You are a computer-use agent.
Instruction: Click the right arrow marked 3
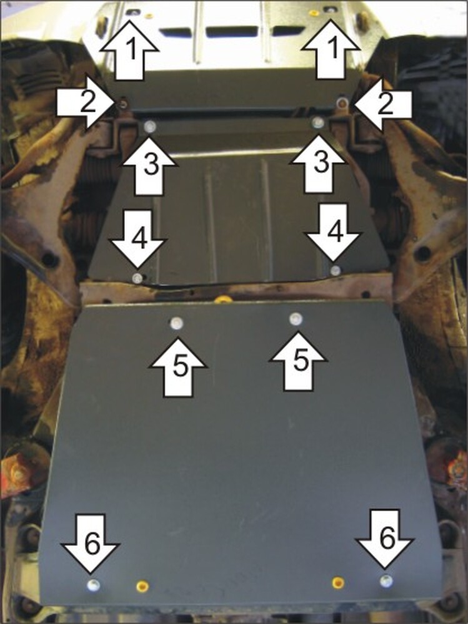click(317, 163)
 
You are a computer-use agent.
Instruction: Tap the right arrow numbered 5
click(299, 361)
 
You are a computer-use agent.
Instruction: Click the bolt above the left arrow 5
click(177, 323)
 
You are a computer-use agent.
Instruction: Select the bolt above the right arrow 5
click(296, 318)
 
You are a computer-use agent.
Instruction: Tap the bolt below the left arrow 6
click(93, 584)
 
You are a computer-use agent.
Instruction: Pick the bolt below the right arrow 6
click(386, 581)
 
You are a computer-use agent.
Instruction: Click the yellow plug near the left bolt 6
click(142, 586)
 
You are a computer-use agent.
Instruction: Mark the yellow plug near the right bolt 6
click(338, 582)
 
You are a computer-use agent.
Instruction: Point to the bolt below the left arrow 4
click(137, 278)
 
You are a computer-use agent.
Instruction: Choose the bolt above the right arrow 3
click(318, 122)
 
